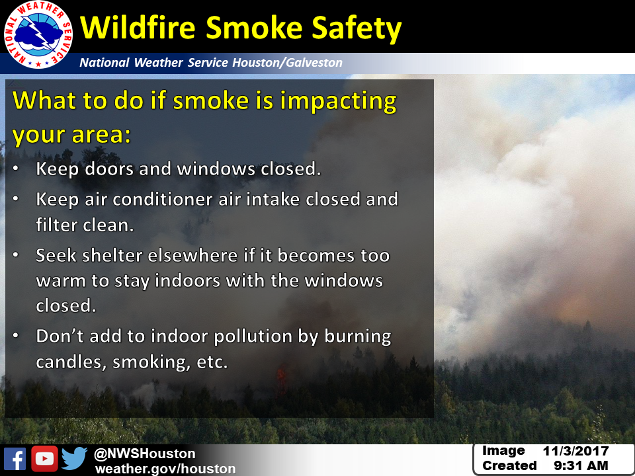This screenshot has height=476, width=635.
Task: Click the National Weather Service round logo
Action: point(38,35)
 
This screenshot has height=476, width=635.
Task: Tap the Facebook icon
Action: point(15,459)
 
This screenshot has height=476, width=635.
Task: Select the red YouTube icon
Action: point(44,459)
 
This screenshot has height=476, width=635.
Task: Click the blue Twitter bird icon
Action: point(75,458)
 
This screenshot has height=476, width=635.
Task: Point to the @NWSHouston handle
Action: point(145,454)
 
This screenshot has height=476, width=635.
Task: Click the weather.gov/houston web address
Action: point(165,469)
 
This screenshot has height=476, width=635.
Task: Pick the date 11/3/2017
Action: point(575,451)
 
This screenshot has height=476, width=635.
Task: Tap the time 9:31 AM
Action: point(581,466)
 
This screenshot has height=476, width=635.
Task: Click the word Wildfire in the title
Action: point(138,28)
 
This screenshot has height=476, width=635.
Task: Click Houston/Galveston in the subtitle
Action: point(287,62)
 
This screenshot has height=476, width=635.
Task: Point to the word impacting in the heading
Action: point(338,102)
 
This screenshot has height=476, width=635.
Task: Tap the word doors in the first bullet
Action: point(109,169)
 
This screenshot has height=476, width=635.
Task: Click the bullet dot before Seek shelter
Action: point(16,255)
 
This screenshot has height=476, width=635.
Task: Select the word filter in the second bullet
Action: point(56,225)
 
